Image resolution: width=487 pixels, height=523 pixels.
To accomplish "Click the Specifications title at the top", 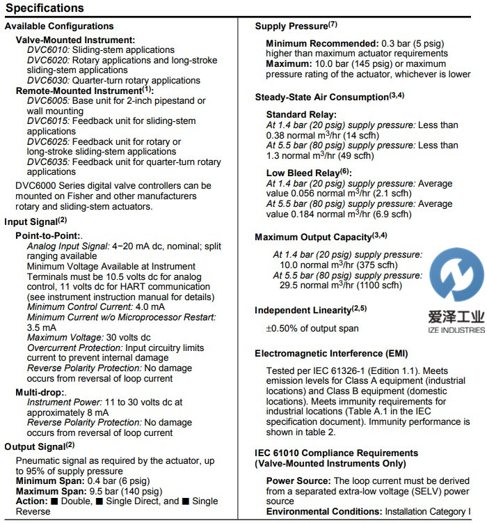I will (45, 8).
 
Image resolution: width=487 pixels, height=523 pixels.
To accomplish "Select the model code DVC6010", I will (47, 50).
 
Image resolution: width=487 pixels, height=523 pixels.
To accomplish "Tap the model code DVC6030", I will (47, 80).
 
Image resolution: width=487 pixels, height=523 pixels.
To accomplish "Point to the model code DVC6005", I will (47, 101).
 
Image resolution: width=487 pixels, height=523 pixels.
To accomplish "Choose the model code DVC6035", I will (47, 162).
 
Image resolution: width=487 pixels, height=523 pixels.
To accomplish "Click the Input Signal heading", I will (35, 221).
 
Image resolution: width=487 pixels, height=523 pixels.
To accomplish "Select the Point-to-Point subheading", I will (48, 237).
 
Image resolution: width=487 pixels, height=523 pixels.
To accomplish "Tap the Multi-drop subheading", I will (42, 393).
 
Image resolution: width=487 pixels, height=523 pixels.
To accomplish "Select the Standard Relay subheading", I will (301, 114).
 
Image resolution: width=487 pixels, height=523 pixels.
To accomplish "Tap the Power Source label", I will (298, 482).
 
